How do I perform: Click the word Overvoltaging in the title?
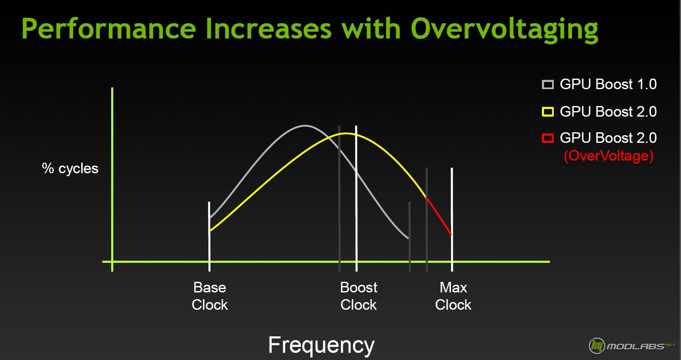(504, 30)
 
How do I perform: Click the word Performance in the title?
(109, 29)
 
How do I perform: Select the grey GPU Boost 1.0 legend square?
(548, 85)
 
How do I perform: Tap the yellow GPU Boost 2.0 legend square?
(548, 112)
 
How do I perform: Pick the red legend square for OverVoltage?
(548, 138)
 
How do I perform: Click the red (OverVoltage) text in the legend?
(608, 156)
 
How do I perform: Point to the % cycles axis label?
(70, 168)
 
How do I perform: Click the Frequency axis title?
(321, 345)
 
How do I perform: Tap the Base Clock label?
(210, 296)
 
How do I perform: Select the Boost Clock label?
(358, 296)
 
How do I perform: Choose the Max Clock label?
(453, 296)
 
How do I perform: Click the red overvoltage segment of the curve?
(439, 216)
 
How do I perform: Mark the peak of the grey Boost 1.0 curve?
(305, 125)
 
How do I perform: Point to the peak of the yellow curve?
(346, 134)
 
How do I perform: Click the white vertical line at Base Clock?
(209, 236)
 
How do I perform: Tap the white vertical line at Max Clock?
(452, 219)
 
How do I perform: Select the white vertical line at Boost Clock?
(356, 198)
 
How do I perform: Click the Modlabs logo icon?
(597, 346)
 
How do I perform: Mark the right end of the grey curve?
(408, 238)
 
